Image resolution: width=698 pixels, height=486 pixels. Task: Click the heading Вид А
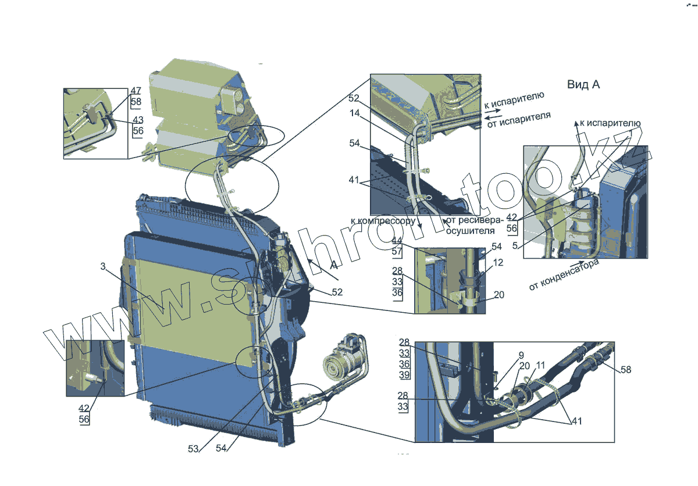coord(583,85)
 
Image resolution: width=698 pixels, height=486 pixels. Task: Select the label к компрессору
coord(382,221)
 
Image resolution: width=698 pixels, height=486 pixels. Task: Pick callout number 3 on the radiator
coord(102,267)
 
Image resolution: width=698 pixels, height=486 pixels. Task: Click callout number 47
coord(136,91)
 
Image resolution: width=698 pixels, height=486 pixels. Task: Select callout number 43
coord(138,120)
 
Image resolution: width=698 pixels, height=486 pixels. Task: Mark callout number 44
coord(397,241)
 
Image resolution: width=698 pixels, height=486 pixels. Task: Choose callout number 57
coord(397,252)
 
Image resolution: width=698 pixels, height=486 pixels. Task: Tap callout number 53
coord(194,448)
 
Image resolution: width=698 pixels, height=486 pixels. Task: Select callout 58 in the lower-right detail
coord(625,370)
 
